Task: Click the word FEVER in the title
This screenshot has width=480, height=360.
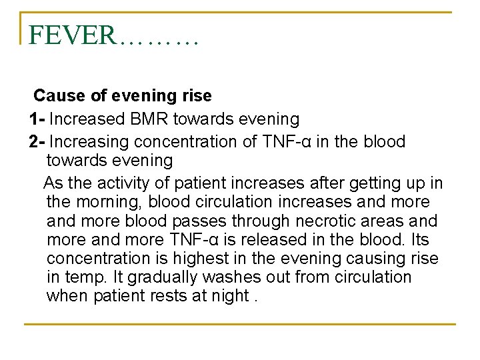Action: point(72,35)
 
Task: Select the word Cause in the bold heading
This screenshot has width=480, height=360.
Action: point(55,96)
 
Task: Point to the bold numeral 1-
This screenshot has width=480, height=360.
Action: point(36,119)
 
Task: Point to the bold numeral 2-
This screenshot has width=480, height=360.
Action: point(36,142)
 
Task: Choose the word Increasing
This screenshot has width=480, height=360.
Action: point(90,142)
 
